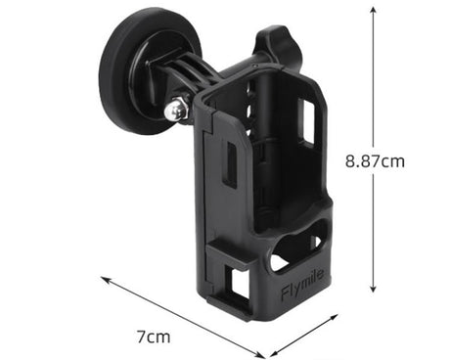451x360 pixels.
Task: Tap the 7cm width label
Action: tap(154, 337)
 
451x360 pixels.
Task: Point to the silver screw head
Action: tap(175, 111)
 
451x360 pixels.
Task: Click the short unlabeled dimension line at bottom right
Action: tap(304, 332)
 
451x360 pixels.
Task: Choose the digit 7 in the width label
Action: tap(142, 337)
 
